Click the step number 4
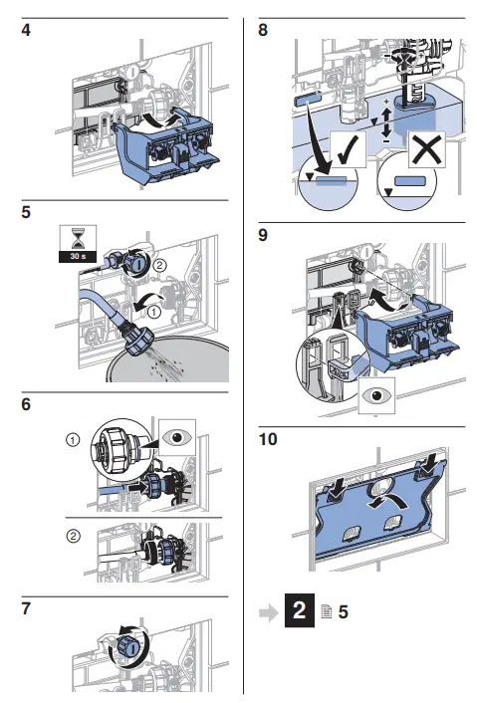tap(26, 30)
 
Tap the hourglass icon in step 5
tap(78, 239)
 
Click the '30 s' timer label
tap(78, 257)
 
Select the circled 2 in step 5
tap(159, 266)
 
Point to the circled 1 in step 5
tap(153, 312)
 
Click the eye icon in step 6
tap(177, 437)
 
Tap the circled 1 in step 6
tap(73, 440)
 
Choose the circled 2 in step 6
tap(73, 536)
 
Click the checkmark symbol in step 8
tap(348, 149)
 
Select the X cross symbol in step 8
tap(427, 148)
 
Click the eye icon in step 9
tap(377, 395)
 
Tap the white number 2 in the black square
tap(300, 610)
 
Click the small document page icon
tap(327, 611)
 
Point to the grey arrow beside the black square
tap(269, 612)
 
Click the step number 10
tap(268, 439)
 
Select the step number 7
tap(26, 608)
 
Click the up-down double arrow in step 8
tap(386, 120)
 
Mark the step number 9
tap(263, 235)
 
